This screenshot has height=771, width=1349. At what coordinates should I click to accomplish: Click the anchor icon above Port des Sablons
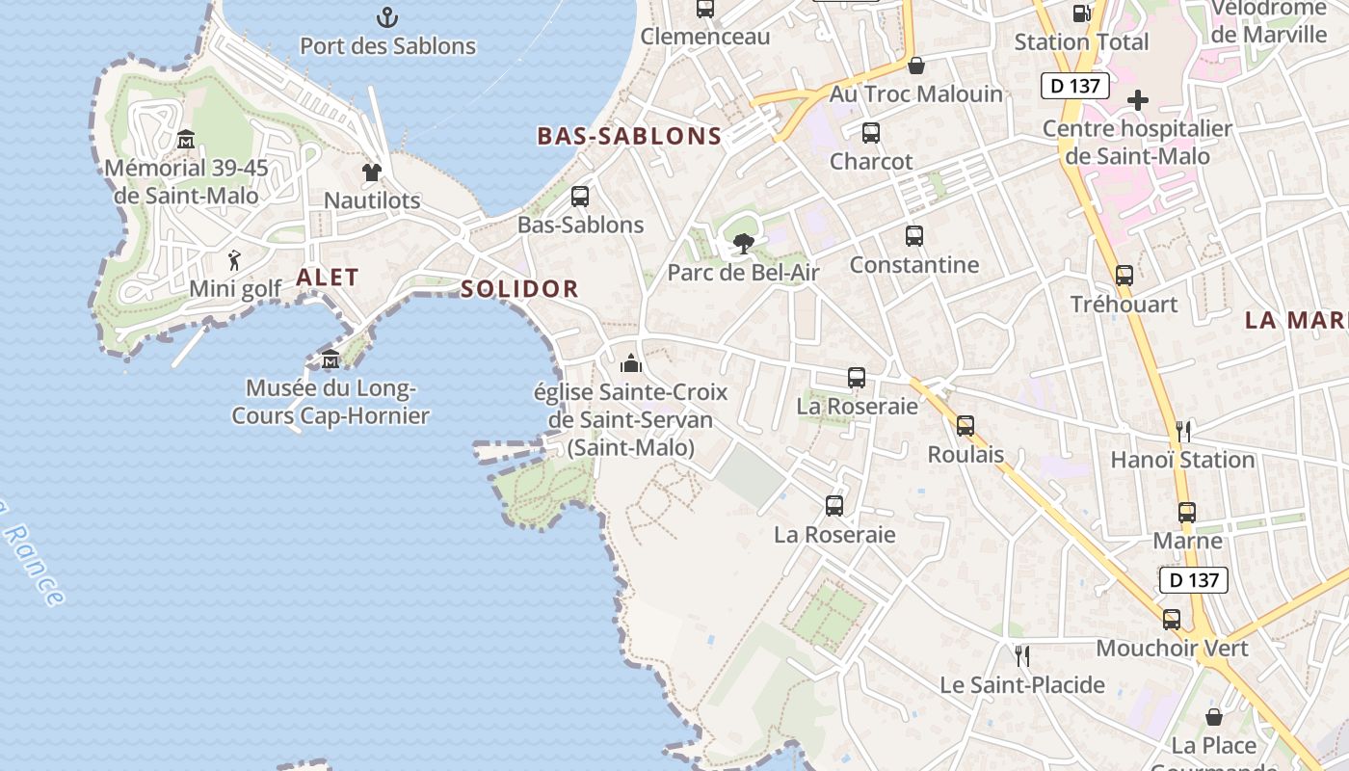(386, 16)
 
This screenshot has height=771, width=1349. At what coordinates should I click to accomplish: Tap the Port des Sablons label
(387, 45)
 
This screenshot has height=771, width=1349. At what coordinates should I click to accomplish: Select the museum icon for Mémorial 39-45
(186, 140)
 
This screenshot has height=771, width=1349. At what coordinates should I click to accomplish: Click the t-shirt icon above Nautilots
(372, 173)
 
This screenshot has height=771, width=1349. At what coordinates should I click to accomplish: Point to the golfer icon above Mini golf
(234, 260)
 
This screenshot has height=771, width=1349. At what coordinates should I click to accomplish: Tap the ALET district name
(328, 278)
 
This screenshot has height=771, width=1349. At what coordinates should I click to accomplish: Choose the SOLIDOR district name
(519, 288)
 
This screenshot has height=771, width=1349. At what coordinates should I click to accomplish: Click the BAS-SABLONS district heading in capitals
(629, 136)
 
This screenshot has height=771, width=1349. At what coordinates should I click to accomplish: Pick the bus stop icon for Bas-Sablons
(580, 197)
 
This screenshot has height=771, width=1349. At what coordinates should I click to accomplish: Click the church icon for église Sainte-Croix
(631, 363)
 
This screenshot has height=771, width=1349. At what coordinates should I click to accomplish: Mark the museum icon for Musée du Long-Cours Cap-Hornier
(331, 359)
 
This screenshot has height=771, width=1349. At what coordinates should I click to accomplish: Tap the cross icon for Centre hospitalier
(1138, 100)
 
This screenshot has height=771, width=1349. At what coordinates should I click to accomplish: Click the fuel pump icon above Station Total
(1081, 13)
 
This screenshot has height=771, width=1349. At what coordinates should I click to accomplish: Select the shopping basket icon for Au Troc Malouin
(916, 66)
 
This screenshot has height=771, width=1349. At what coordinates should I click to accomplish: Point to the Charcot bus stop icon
(871, 133)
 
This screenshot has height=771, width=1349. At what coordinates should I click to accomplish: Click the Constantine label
(913, 265)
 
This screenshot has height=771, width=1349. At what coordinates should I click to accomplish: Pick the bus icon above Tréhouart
(1124, 276)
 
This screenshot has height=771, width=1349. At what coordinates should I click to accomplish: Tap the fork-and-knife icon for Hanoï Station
(1183, 431)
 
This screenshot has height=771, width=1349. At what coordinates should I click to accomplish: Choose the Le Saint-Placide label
(1022, 685)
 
